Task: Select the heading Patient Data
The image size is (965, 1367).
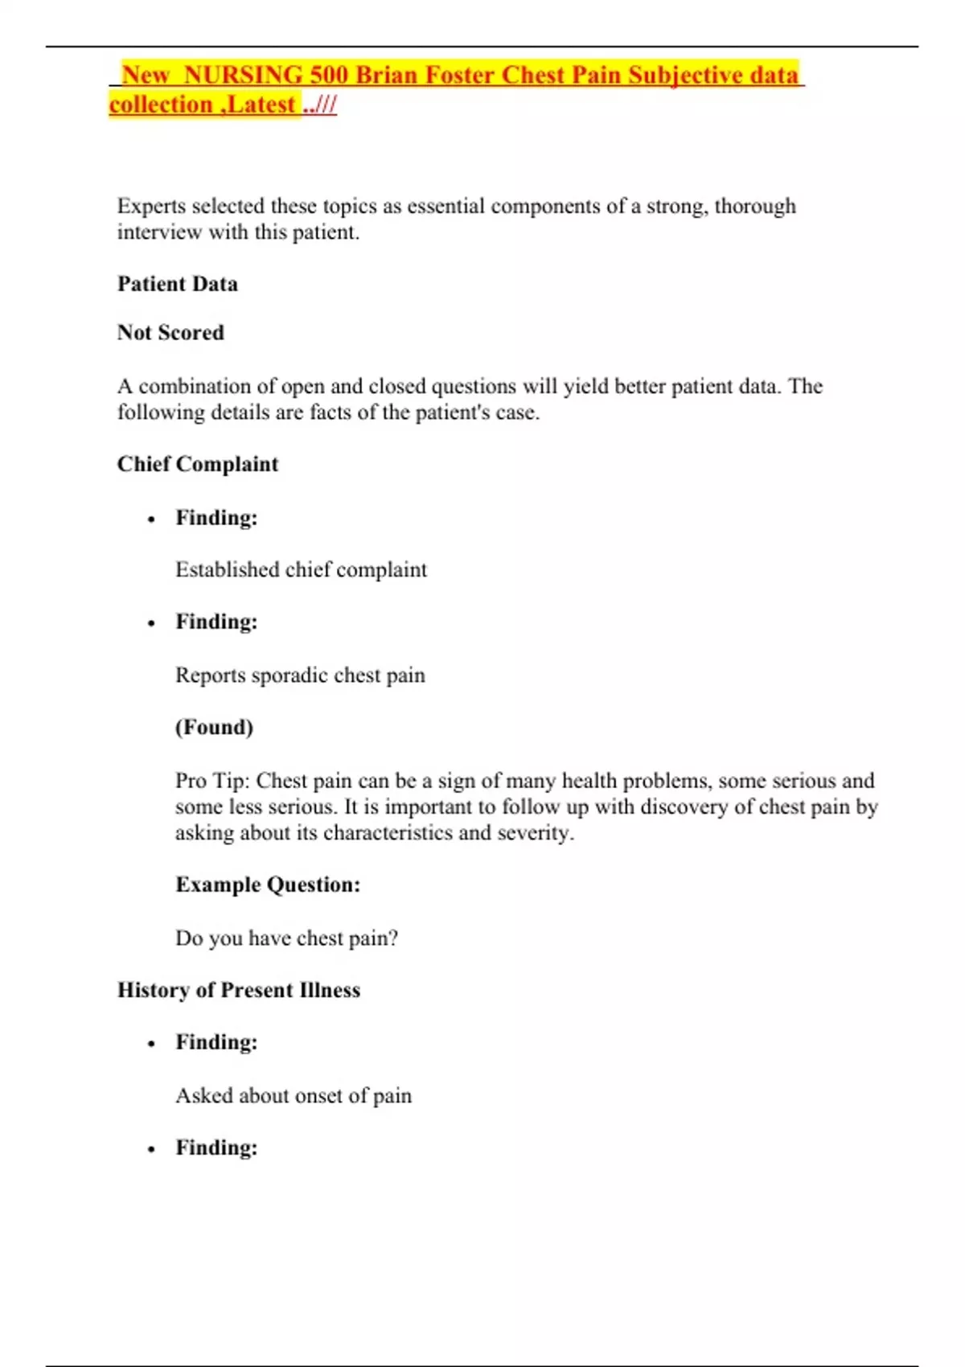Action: coord(177,284)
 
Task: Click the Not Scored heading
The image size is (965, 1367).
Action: coord(170,333)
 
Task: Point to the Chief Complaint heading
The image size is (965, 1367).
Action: coord(198,464)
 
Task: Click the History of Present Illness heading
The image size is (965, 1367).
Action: coord(239,990)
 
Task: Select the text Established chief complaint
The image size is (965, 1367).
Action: coord(302,570)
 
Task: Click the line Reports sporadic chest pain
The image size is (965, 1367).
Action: coord(300,675)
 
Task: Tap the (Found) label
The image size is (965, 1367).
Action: coord(214,728)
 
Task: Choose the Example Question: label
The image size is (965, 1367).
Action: coord(268,885)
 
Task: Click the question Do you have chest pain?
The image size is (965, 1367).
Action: coord(286,938)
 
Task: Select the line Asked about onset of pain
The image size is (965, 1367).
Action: coord(294,1096)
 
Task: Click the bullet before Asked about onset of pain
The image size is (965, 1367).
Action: coord(151,1044)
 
